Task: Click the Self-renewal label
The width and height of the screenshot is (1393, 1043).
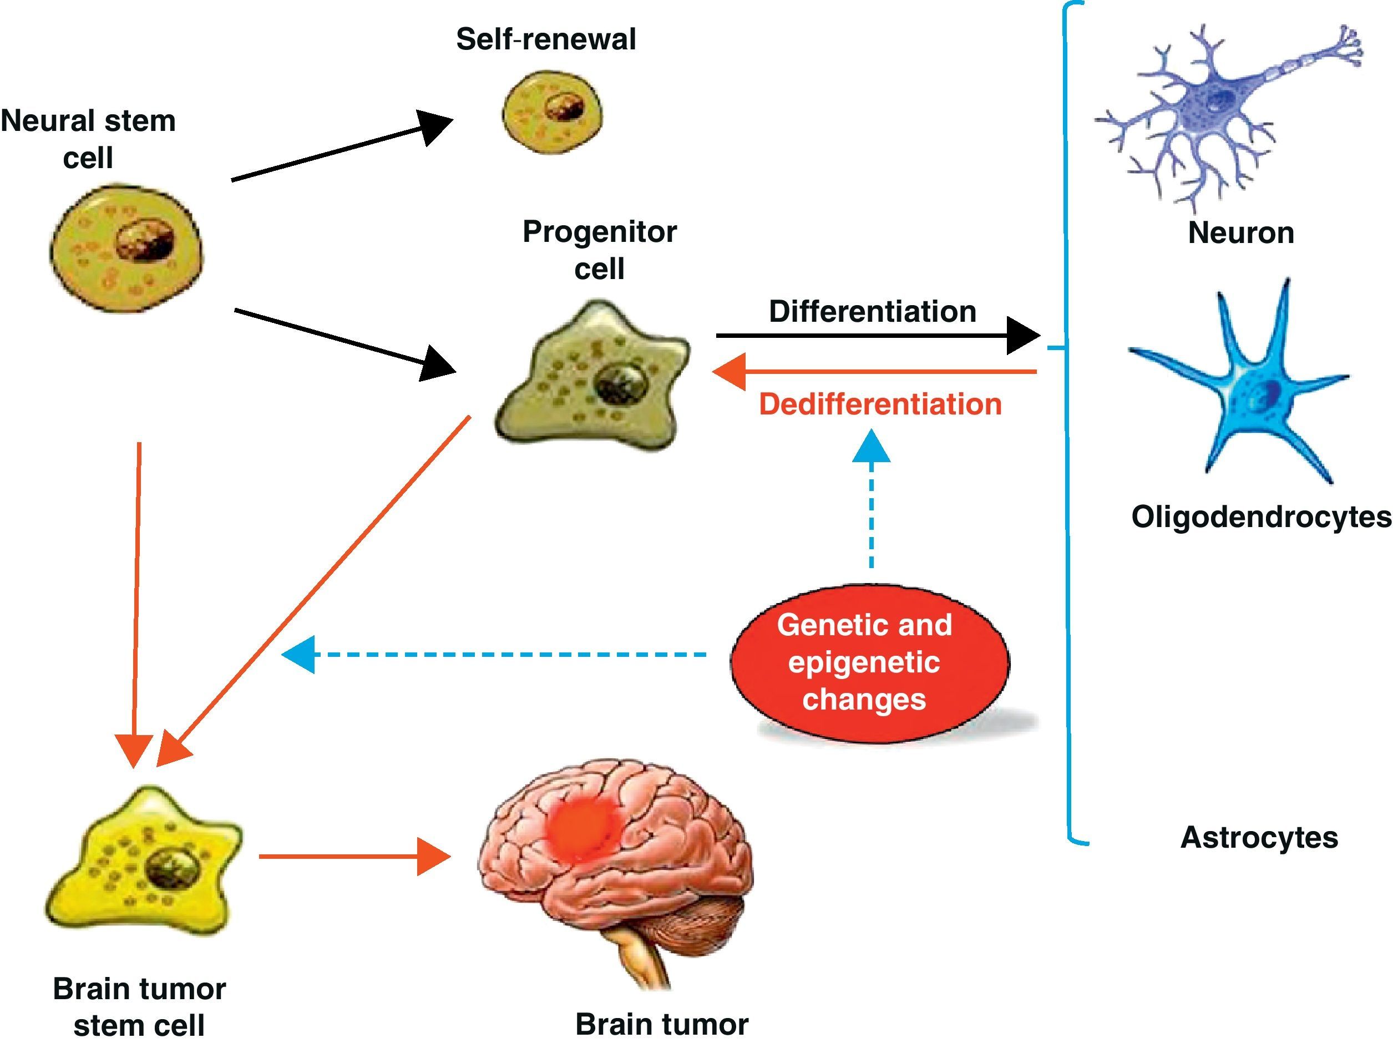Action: tap(545, 39)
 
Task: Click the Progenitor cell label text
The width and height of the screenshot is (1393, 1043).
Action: tap(600, 250)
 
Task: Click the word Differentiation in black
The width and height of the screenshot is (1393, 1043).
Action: tap(872, 312)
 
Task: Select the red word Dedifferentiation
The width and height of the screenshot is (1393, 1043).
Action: tap(880, 404)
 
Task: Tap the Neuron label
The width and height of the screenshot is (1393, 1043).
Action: tap(1240, 233)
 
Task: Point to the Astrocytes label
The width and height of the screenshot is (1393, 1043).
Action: tap(1259, 838)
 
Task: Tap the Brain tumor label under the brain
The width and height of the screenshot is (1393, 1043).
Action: tap(661, 1024)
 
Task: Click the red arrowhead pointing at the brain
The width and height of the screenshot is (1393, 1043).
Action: tap(434, 857)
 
